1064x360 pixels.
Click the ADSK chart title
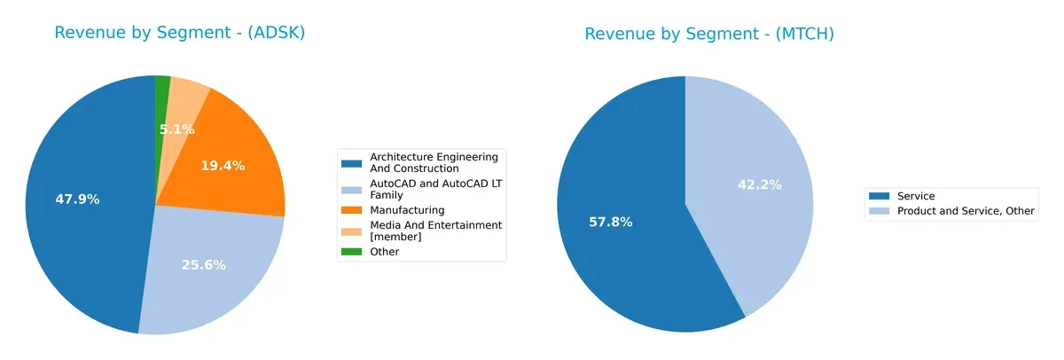pyautogui.click(x=180, y=33)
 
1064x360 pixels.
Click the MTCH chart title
pyautogui.click(x=709, y=34)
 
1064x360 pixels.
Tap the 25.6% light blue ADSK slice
pyautogui.click(x=213, y=284)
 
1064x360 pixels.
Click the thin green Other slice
pyautogui.click(x=163, y=89)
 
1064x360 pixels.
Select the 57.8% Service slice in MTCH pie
pyautogui.click(x=621, y=239)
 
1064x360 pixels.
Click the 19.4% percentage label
pyautogui.click(x=223, y=166)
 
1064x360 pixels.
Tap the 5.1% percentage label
pyautogui.click(x=176, y=129)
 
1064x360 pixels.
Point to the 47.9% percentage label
pyautogui.click(x=77, y=200)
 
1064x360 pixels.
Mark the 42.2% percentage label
pyautogui.click(x=760, y=184)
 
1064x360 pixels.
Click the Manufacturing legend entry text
pyautogui.click(x=407, y=210)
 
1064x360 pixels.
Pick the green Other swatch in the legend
pyautogui.click(x=352, y=252)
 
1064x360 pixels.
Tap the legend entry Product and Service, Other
pyautogui.click(x=966, y=211)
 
